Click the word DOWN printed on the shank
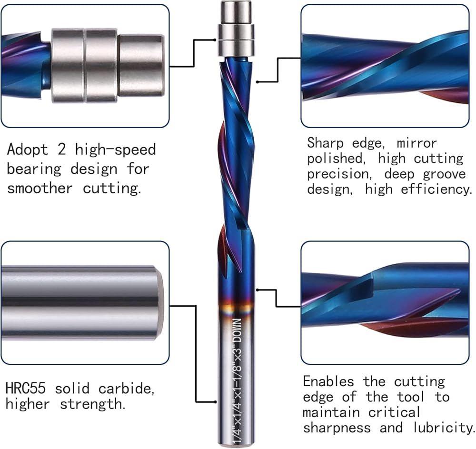(237, 328)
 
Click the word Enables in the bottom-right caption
(328, 381)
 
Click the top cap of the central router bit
(236, 10)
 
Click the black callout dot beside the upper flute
(258, 82)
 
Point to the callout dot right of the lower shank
(258, 289)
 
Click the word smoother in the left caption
(40, 188)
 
